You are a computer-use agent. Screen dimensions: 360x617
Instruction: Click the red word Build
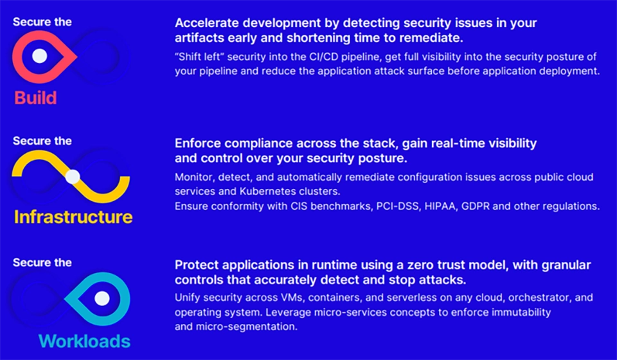[35, 98]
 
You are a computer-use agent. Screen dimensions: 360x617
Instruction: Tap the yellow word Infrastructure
[73, 217]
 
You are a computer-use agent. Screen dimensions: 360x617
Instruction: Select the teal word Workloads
[84, 341]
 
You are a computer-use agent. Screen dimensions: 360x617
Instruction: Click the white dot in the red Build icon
[40, 55]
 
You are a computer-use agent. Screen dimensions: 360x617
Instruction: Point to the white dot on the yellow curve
[73, 176]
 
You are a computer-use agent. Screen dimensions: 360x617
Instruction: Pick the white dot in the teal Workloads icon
[102, 298]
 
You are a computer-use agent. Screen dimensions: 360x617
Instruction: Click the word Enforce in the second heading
[195, 143]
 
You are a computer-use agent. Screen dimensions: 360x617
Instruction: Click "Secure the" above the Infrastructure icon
[42, 141]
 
